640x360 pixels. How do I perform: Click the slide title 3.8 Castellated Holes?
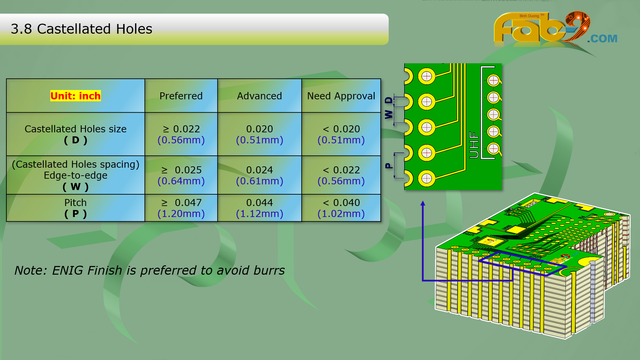[x=81, y=29]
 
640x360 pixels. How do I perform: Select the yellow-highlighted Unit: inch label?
[x=75, y=96]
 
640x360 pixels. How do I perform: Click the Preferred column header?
[x=181, y=96]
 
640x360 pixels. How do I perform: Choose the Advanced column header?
[x=259, y=96]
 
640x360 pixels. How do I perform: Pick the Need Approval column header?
[x=341, y=96]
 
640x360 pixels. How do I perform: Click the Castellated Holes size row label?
[x=76, y=129]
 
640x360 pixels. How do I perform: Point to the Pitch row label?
[x=76, y=203]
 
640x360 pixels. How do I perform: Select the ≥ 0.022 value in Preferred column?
[x=181, y=129]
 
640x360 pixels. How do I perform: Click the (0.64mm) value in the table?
[x=181, y=181]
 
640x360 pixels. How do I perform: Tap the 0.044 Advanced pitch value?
[x=259, y=203]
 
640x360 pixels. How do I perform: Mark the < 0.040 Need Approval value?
[x=341, y=203]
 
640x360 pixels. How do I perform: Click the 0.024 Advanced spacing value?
[x=259, y=170]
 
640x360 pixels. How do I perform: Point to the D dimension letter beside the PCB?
[x=389, y=100]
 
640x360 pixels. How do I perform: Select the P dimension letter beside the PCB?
[x=389, y=166]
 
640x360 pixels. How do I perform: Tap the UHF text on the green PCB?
[x=474, y=145]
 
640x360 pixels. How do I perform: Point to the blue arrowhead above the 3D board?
[x=423, y=203]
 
